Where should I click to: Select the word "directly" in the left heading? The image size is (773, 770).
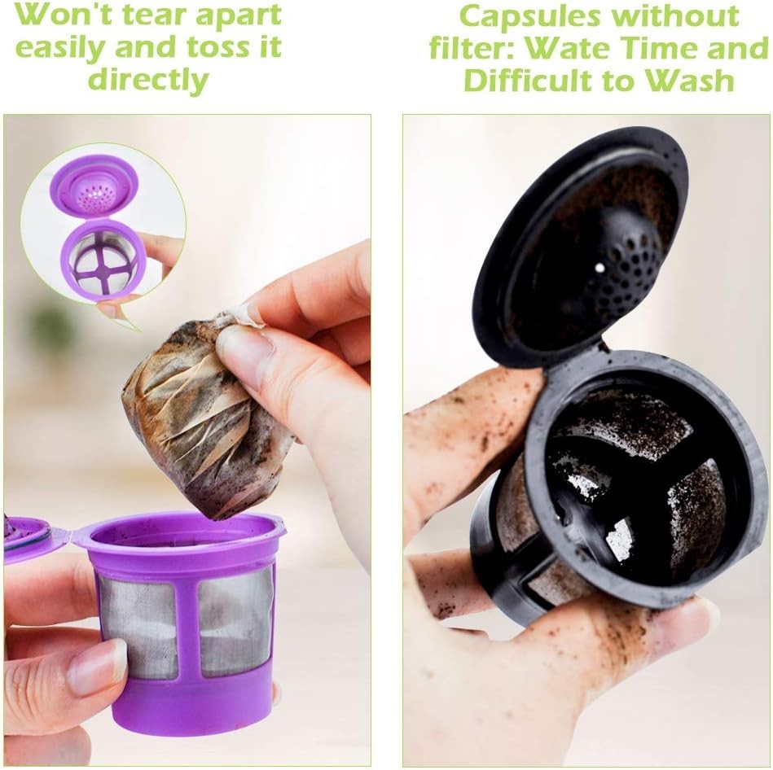point(148,80)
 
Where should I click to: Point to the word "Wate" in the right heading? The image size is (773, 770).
point(567,48)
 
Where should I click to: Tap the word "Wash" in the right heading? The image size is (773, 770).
point(697,80)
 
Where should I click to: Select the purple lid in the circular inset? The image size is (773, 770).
point(93,186)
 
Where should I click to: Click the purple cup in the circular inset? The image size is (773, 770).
point(103,260)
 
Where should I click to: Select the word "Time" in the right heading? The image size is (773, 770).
point(657,48)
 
